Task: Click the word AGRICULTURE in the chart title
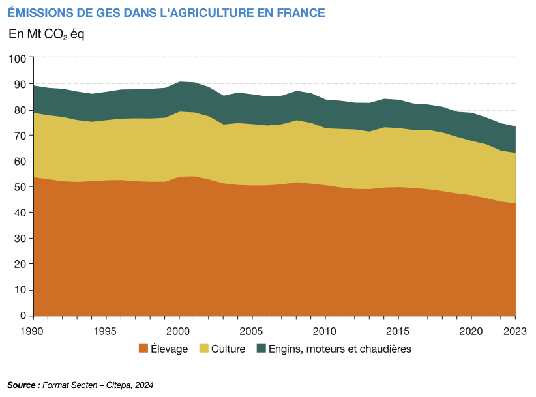215,13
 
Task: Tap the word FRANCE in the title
300,13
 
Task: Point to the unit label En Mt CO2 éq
46,35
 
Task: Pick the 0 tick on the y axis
23,316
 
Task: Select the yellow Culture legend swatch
203,349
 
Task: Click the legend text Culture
228,349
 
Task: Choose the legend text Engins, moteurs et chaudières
340,349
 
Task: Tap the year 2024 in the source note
144,385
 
